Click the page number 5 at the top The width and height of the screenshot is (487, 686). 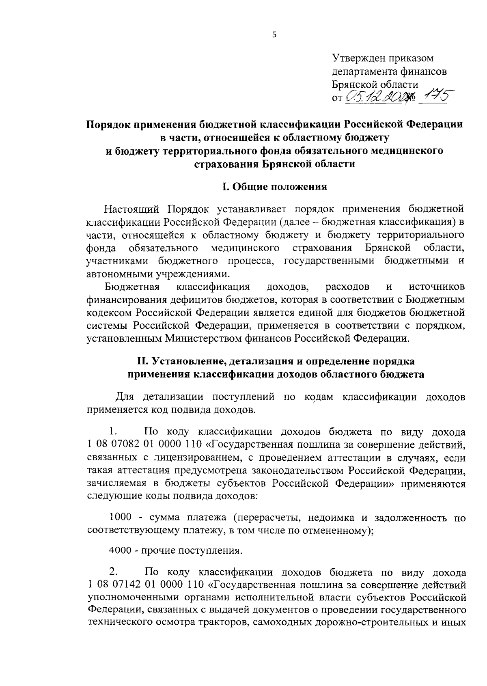274,35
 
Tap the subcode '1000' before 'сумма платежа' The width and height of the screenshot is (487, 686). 121,518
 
